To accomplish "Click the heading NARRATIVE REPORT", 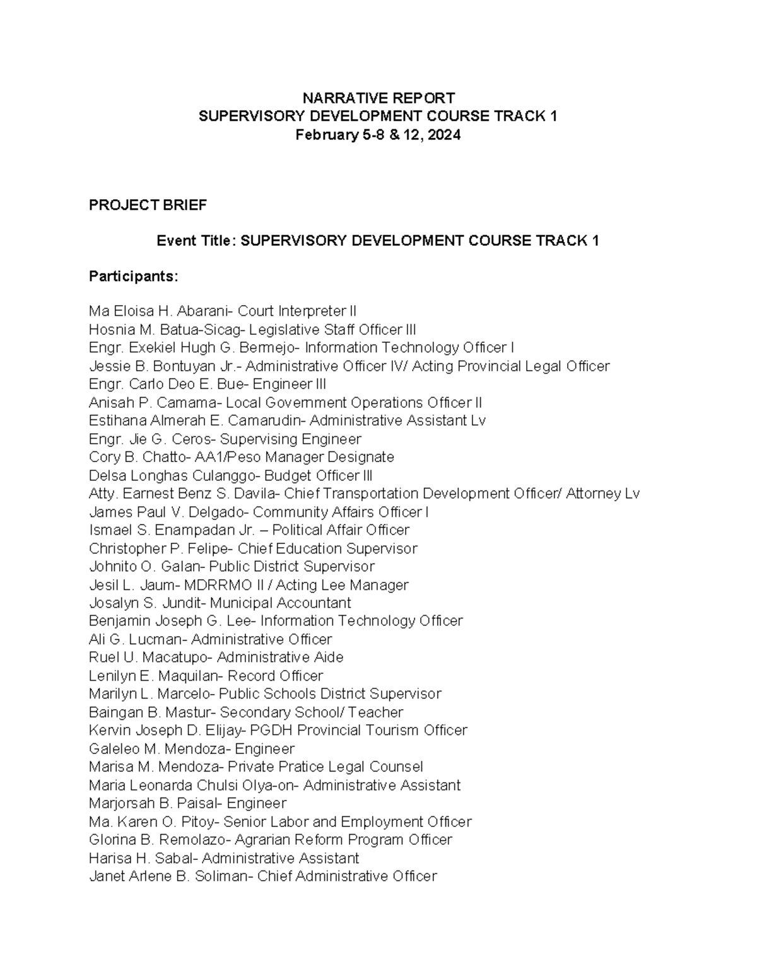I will (x=378, y=98).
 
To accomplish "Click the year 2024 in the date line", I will (x=443, y=134).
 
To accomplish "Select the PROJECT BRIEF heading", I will (x=148, y=205).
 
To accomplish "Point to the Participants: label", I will (x=134, y=276).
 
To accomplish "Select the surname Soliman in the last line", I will (x=221, y=876).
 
